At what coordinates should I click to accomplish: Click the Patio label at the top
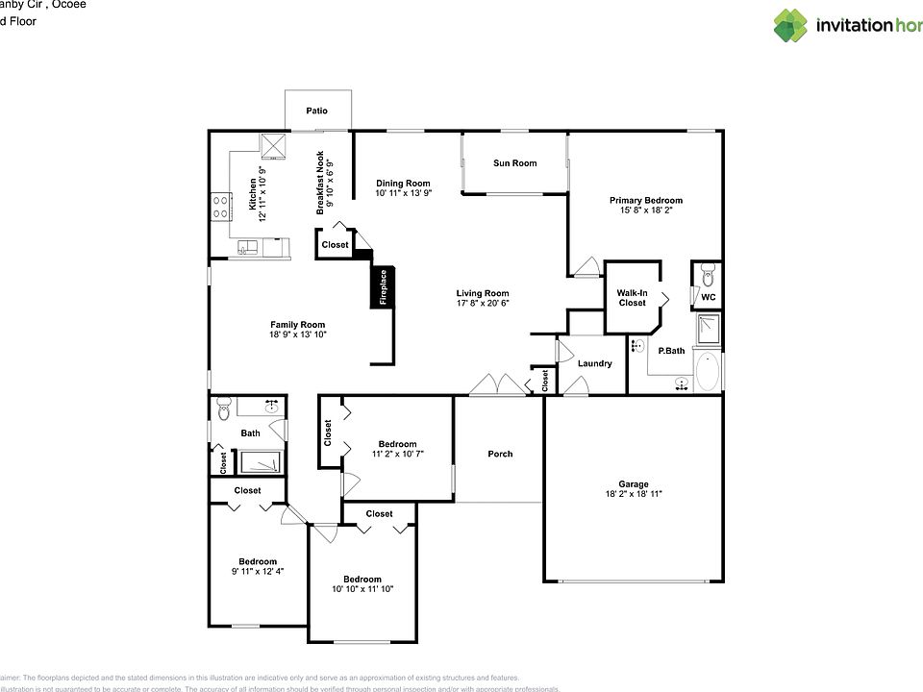click(x=316, y=111)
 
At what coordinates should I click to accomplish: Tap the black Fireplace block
click(x=383, y=288)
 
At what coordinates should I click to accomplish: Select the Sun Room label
click(x=514, y=163)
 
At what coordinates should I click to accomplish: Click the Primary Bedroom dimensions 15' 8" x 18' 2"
click(x=645, y=211)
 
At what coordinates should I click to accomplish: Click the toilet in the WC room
click(x=708, y=274)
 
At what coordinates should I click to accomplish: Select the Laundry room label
click(x=594, y=363)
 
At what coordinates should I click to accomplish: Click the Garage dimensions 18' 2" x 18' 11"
click(x=633, y=494)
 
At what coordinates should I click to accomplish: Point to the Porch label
click(x=500, y=454)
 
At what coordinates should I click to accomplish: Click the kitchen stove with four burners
click(x=220, y=206)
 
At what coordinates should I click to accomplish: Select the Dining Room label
click(x=403, y=183)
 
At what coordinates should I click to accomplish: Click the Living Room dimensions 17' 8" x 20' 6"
click(x=482, y=303)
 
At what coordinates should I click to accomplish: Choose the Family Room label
click(x=298, y=325)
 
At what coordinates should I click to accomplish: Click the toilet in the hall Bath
click(x=224, y=408)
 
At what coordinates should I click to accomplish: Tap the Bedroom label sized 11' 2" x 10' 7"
click(x=397, y=443)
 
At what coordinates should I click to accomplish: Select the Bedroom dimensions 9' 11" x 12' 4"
click(x=258, y=571)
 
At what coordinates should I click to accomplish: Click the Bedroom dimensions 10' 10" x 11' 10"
click(x=362, y=589)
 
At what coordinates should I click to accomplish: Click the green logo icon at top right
click(x=790, y=26)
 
